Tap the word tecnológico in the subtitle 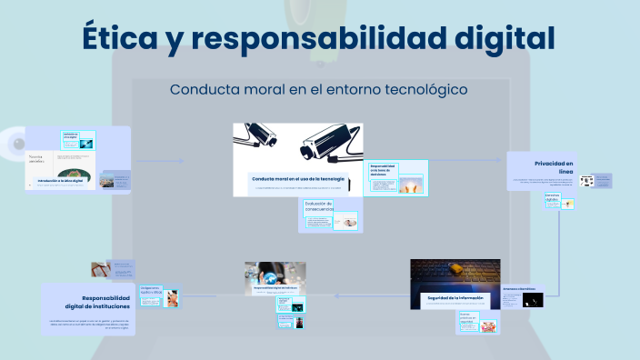click(420, 90)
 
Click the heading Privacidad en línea click(555, 166)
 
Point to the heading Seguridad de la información click(456, 298)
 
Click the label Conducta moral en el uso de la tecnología click(297, 179)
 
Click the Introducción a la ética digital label click(61, 182)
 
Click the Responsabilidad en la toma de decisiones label click(382, 170)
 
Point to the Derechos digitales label click(553, 195)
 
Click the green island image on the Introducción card click(75, 173)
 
